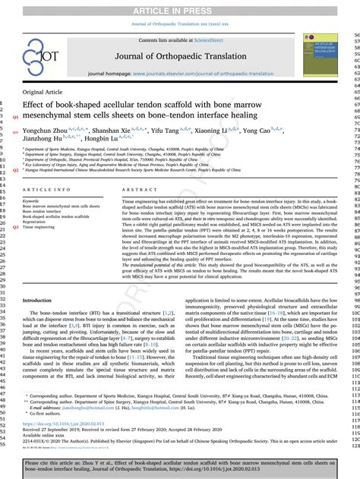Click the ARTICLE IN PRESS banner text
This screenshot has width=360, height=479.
(x=179, y=10)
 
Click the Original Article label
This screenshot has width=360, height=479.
(x=43, y=91)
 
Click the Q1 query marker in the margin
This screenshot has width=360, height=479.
(x=15, y=117)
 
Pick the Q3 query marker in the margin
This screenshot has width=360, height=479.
(x=15, y=226)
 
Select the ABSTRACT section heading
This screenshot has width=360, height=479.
(x=139, y=189)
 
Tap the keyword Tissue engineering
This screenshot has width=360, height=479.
(x=39, y=226)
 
